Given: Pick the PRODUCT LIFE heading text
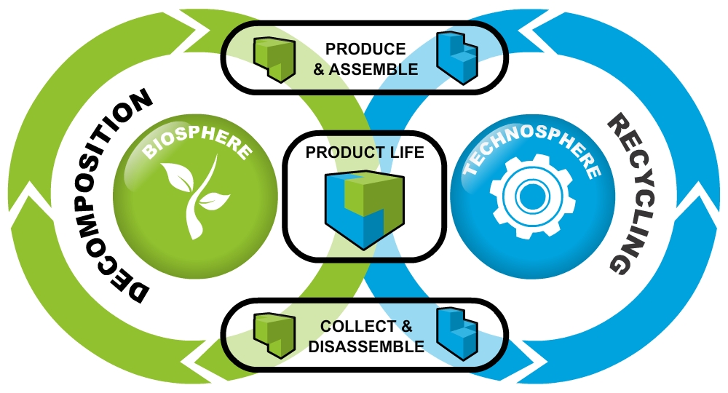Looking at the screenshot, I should (x=364, y=154).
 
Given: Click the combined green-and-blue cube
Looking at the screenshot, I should (x=363, y=208).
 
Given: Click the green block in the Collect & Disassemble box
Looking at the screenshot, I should (x=274, y=336).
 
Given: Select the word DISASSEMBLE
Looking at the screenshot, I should (x=366, y=347).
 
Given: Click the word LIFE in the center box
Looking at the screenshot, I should (x=405, y=154).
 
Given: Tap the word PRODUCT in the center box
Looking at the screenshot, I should (x=345, y=154).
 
